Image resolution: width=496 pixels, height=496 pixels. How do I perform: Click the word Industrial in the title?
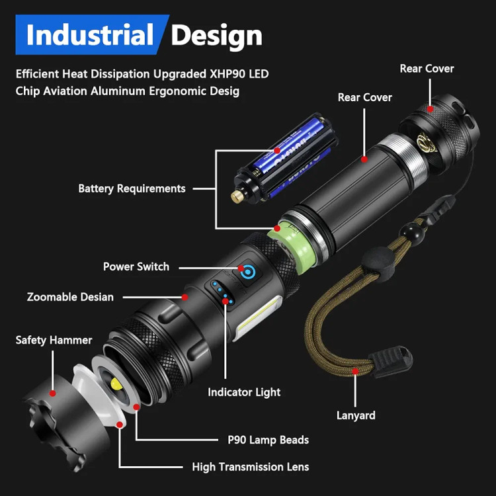pos(89,35)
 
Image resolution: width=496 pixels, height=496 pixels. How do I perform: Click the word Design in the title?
pos(216,35)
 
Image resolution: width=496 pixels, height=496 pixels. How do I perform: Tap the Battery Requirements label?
pos(132,188)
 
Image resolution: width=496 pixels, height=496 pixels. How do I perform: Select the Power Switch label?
pos(136,267)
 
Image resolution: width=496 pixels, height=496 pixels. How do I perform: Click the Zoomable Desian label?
pos(70,297)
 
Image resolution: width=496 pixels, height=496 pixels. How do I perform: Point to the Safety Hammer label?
pos(54,340)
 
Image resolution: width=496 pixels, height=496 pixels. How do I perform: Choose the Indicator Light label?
pos(244,392)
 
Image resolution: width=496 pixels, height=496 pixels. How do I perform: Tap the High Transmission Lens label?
pos(250,467)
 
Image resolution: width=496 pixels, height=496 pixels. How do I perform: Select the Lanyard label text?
pos(355,415)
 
